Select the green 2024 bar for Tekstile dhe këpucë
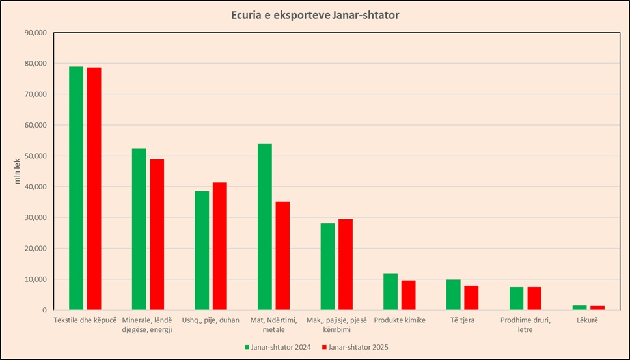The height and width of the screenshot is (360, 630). click(x=76, y=188)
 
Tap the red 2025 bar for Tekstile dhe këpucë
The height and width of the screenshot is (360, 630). click(x=94, y=189)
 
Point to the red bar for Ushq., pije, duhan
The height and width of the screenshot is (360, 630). click(x=220, y=246)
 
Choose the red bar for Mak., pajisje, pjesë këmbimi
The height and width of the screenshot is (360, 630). click(x=346, y=264)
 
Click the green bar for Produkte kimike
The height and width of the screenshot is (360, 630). click(x=390, y=292)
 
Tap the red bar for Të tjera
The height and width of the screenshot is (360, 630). click(x=471, y=298)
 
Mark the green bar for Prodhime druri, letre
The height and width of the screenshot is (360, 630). click(x=516, y=298)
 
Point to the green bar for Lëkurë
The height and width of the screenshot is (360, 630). click(x=579, y=307)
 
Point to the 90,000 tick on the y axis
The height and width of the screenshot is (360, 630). click(x=34, y=33)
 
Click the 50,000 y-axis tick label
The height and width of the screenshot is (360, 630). click(x=34, y=156)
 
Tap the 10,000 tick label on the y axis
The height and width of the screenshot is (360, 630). click(x=34, y=279)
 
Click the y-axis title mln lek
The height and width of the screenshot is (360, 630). click(x=18, y=171)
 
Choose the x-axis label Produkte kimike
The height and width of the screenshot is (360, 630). click(x=400, y=320)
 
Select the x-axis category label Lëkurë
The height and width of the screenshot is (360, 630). click(x=587, y=320)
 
